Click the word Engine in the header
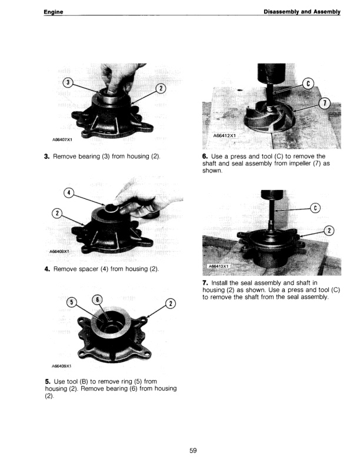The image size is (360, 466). [x=54, y=12]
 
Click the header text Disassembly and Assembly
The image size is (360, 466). [x=302, y=12]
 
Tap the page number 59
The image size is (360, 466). [x=193, y=451]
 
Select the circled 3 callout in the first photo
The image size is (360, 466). [x=68, y=82]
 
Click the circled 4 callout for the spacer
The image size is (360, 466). [x=68, y=193]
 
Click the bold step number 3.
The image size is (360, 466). [x=46, y=157]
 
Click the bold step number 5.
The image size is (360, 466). [x=46, y=381]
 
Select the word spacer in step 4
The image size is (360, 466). [x=98, y=269]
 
